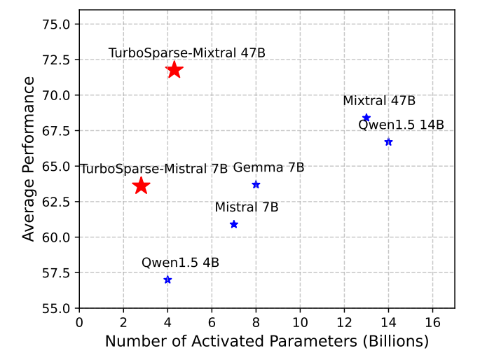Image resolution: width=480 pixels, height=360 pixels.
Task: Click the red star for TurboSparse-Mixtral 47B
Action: (x=174, y=69)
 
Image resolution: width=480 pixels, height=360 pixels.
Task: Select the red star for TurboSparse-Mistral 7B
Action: (x=141, y=186)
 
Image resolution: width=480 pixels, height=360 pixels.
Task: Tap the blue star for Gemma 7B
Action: (x=256, y=184)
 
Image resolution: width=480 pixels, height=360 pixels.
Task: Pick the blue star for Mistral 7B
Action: (x=234, y=224)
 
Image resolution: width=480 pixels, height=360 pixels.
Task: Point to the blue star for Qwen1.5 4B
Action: (x=167, y=279)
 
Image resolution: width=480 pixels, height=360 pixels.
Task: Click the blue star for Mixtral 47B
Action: (x=366, y=118)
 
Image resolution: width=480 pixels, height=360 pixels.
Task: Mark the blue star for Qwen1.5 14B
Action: (x=388, y=142)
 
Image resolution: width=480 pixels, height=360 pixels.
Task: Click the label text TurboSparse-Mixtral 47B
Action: (x=187, y=53)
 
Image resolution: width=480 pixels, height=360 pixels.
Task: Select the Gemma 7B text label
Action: (x=268, y=168)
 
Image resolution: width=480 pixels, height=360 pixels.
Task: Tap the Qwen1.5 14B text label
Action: (x=401, y=125)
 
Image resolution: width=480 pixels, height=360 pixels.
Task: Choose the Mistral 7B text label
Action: (x=247, y=207)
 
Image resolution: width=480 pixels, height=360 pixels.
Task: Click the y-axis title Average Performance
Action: (x=28, y=159)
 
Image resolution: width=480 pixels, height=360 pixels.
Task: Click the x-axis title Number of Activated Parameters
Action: (x=266, y=342)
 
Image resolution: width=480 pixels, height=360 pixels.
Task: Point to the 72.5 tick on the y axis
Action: (x=57, y=60)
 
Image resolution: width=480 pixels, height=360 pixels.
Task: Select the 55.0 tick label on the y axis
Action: (x=57, y=308)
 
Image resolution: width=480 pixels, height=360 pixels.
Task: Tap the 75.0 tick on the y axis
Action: (x=57, y=25)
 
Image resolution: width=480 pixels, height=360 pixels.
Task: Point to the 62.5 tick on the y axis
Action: (x=57, y=202)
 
